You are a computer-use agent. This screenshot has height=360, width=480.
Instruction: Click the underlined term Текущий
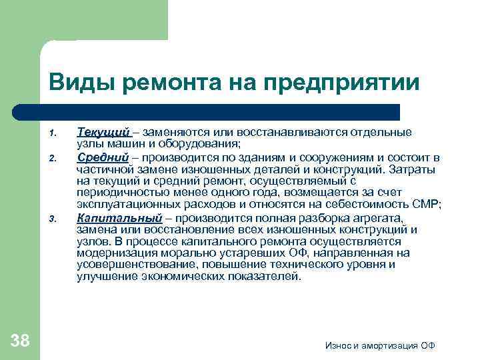(x=102, y=133)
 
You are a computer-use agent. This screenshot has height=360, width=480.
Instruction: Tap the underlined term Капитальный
(x=119, y=218)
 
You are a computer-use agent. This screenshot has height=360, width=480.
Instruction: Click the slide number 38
(x=21, y=341)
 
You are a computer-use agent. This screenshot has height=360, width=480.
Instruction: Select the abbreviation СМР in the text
(x=416, y=203)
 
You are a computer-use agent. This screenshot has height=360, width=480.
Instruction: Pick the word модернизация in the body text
(x=111, y=253)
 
